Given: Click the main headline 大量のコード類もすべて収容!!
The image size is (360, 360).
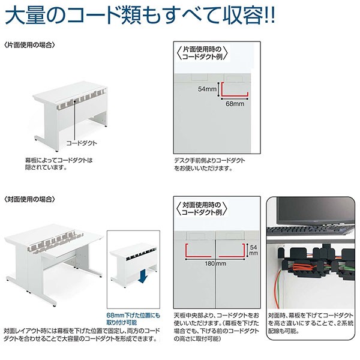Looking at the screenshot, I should point(139,16).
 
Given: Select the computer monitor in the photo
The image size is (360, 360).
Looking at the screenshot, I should point(312,210).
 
